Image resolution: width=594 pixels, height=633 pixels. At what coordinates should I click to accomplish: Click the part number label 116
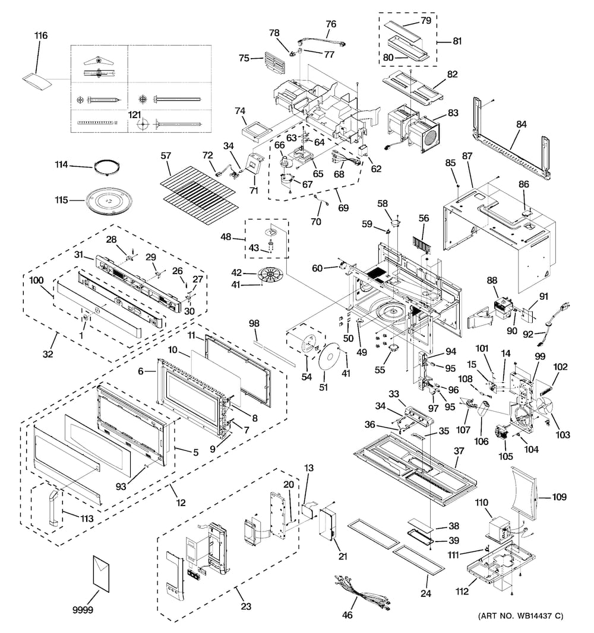41,36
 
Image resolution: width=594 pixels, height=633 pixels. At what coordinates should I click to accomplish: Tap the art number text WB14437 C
520,616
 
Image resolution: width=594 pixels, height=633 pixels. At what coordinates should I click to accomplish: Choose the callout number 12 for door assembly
181,503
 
